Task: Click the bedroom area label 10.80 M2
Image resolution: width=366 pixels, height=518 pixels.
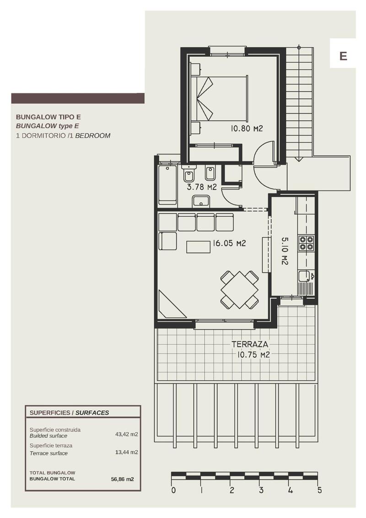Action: tap(247, 129)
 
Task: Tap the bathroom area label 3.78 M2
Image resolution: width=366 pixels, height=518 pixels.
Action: tap(201, 187)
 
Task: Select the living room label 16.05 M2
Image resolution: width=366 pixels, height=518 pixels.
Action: tap(229, 243)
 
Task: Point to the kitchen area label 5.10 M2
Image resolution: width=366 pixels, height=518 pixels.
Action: tap(284, 250)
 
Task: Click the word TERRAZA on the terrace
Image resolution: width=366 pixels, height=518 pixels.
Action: tap(249, 344)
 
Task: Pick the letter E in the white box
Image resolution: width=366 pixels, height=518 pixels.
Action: tap(343, 56)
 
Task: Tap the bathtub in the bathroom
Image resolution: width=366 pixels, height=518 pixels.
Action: tap(167, 185)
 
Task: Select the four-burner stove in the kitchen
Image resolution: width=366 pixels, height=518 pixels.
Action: tap(306, 243)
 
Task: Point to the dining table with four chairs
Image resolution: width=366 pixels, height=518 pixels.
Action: tap(239, 289)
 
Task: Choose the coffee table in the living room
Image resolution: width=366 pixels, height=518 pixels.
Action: tap(198, 247)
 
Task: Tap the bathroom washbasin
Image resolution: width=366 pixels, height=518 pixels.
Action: tap(201, 201)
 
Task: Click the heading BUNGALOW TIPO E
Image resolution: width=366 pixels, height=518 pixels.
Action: tap(48, 117)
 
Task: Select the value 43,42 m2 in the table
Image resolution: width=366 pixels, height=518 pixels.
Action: tap(127, 434)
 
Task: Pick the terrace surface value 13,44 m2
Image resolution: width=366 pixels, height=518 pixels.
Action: tap(127, 452)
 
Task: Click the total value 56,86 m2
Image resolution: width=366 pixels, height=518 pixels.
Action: tap(122, 479)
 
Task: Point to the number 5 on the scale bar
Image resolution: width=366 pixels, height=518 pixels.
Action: tap(319, 491)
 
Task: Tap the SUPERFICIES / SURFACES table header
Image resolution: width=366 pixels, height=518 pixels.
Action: tap(69, 412)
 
